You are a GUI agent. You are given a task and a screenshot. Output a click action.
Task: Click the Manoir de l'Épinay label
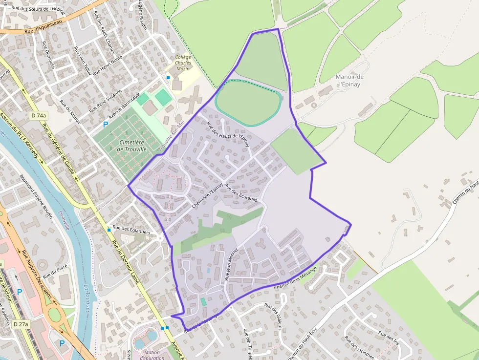349,80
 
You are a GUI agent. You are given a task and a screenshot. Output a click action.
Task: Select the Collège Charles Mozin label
182,63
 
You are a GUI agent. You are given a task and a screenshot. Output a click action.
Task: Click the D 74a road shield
38,116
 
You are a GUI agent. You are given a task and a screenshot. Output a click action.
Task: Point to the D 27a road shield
21,324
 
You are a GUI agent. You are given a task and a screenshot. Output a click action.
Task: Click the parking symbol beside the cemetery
106,125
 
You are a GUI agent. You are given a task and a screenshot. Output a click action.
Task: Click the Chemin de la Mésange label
296,277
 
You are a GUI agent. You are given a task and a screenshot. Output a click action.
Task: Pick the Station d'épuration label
152,355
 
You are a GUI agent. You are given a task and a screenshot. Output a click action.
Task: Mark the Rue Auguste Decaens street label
36,275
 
